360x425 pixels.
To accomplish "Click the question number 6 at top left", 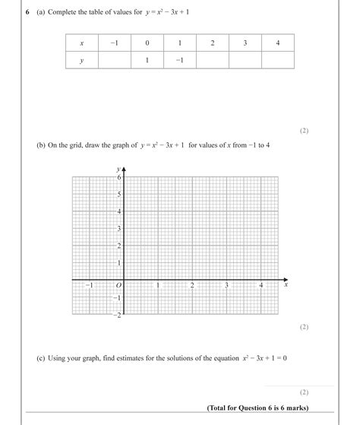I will [28, 12].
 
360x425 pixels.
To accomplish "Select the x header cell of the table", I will [81, 43].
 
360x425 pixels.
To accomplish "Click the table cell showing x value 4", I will [278, 43].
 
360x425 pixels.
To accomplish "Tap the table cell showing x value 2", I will [213, 43].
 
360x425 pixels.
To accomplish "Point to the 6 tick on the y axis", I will [118, 176].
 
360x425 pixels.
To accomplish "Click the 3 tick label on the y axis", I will [118, 229].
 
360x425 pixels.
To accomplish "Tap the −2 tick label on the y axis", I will [116, 316].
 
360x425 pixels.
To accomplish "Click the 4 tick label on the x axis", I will [261, 286].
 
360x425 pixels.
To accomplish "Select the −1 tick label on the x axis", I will [89, 286].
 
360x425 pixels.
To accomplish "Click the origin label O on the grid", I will [118, 286].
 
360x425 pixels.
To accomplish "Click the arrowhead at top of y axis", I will [123, 168].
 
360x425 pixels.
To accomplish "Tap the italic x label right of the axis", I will [286, 287].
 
